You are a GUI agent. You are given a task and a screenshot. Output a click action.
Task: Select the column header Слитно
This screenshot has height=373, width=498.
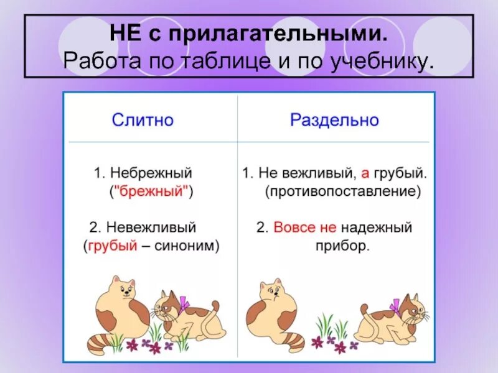pos(143,119)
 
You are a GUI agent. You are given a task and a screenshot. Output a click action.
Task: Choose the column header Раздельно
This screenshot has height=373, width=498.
pos(334,119)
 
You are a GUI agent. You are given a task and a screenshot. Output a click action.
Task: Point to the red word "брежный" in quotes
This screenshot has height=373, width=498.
pos(151,191)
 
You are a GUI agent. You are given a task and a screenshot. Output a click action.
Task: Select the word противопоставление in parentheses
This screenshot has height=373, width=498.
pos(341,191)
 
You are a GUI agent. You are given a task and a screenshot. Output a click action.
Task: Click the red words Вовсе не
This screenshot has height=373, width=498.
pos(296,227)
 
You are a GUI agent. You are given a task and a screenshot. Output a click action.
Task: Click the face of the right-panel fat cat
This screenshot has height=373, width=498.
pos(270,291)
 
